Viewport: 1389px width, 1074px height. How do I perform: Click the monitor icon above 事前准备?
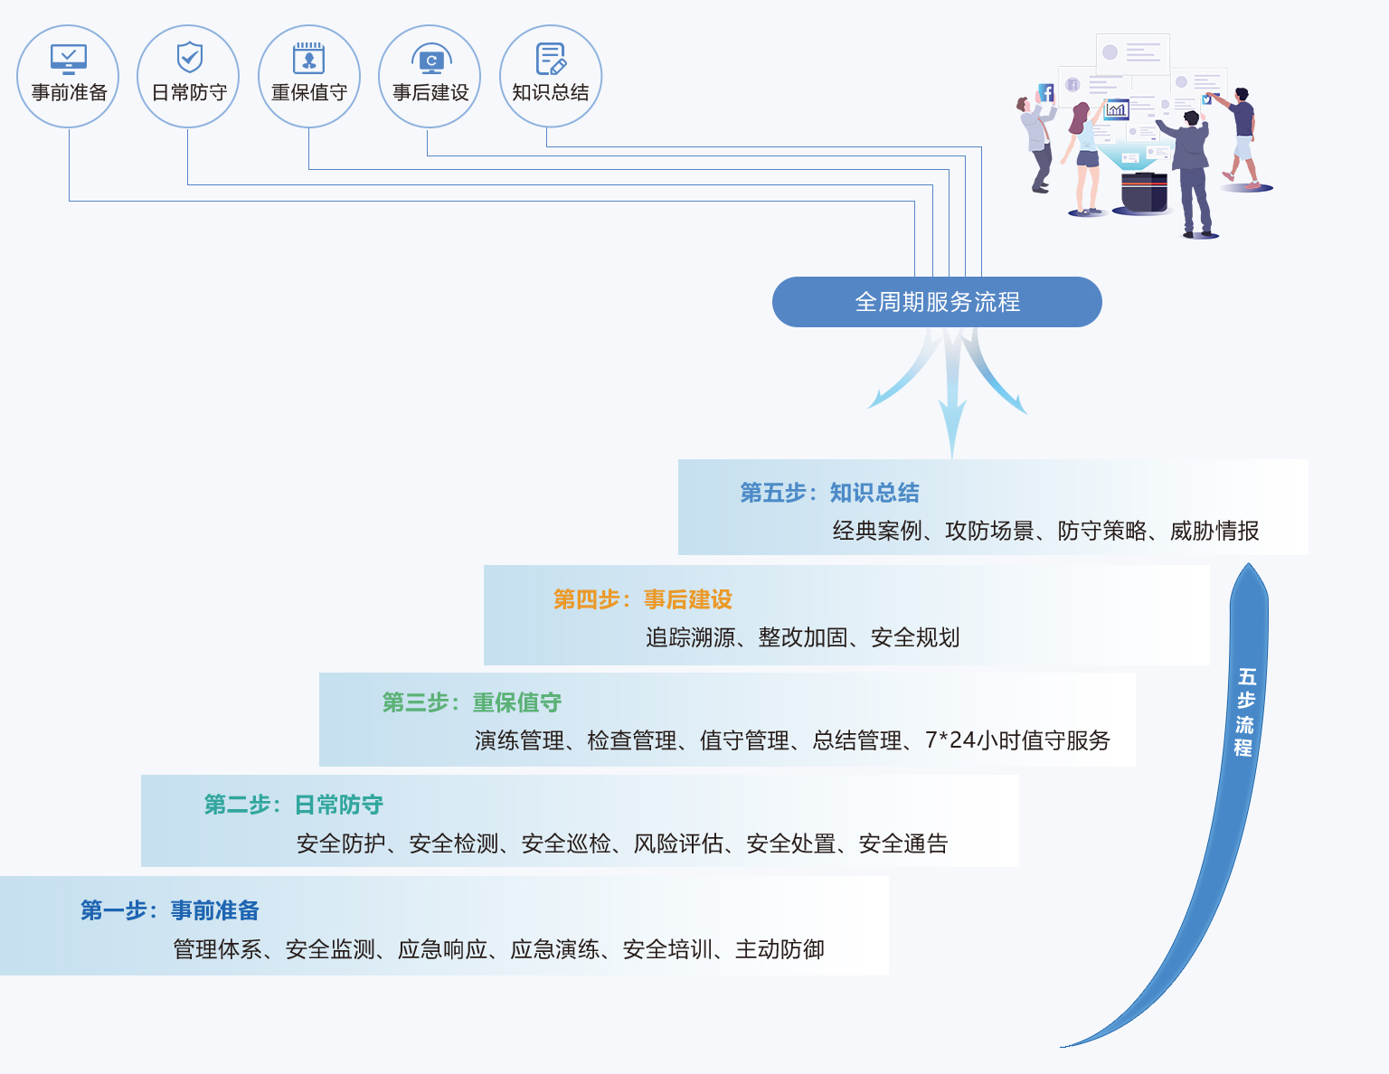coord(69,59)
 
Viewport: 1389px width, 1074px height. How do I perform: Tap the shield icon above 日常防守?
coord(189,57)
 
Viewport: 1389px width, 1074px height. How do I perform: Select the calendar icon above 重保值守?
coord(309,58)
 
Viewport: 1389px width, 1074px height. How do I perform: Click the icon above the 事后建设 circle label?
coord(431,59)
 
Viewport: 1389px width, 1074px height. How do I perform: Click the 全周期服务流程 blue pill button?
coord(937,302)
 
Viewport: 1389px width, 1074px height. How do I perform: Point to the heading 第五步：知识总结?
coord(829,493)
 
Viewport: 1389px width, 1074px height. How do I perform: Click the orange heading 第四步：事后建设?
coord(642,599)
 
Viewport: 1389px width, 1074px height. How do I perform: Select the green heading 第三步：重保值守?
coord(471,702)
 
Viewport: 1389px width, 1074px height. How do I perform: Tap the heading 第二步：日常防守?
coord(293,805)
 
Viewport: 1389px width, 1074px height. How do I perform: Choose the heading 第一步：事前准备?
coord(170,910)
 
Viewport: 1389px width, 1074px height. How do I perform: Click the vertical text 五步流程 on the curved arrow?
coord(1245,711)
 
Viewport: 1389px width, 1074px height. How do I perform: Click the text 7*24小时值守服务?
coord(1017,740)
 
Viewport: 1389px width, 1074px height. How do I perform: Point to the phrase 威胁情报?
coord(1214,531)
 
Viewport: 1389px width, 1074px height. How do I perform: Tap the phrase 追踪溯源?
coord(690,637)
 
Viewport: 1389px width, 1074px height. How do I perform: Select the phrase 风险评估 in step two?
coord(678,843)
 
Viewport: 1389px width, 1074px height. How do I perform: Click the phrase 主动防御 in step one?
coord(780,949)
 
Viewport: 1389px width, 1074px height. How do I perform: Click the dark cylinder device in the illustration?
coord(1144,191)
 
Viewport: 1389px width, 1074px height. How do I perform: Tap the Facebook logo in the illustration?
coord(1046,92)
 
